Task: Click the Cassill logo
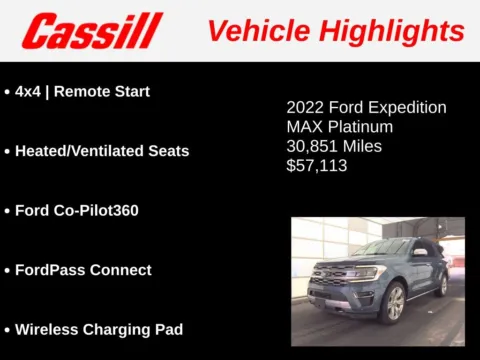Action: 91,31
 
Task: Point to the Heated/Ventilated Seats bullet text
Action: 102,151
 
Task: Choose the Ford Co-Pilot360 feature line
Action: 91,211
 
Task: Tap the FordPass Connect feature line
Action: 83,270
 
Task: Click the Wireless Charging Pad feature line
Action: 99,329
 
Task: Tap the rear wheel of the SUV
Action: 443,286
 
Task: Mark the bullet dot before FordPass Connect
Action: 7,271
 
